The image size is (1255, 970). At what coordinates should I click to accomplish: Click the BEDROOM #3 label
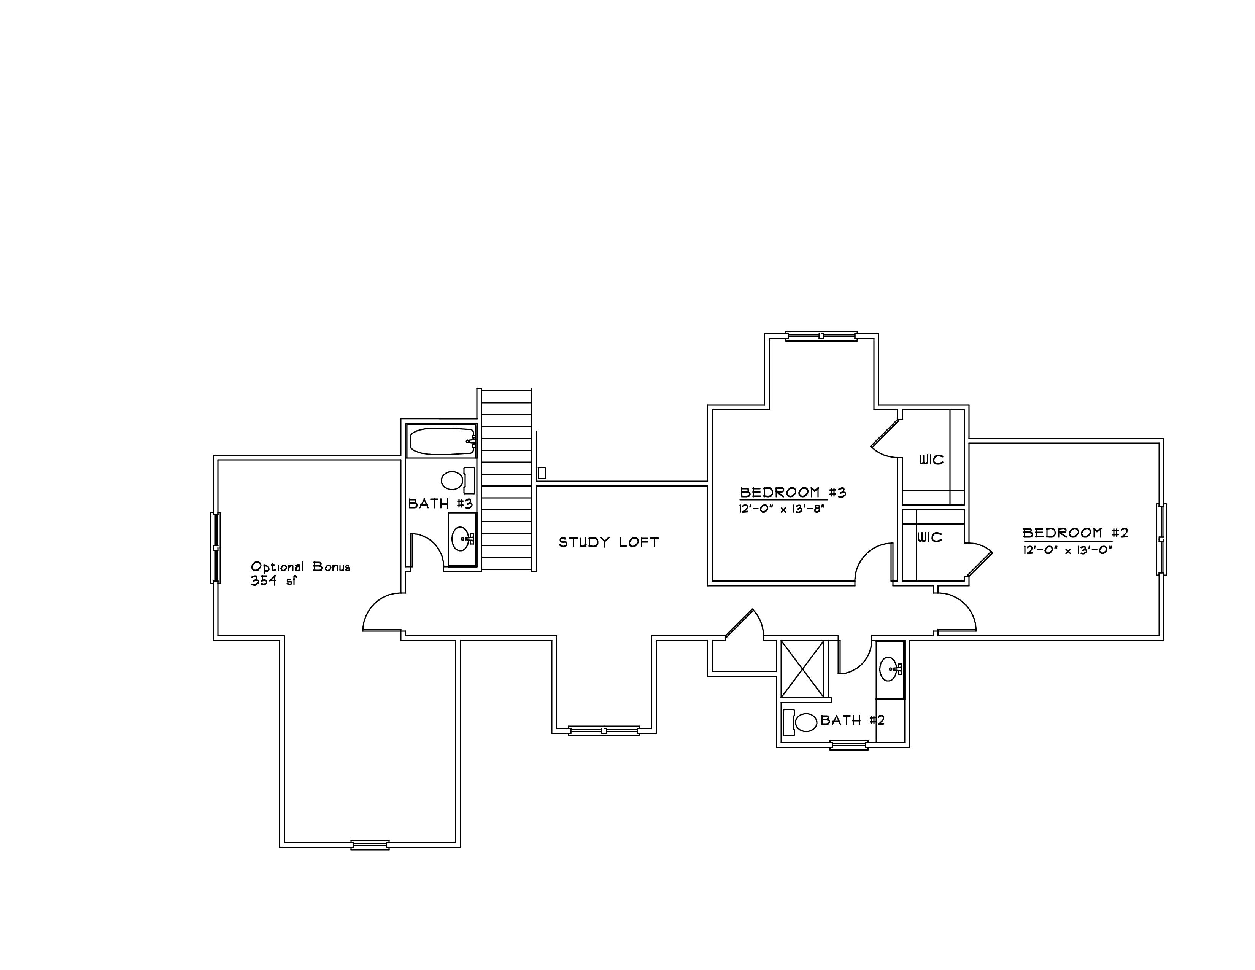(x=793, y=493)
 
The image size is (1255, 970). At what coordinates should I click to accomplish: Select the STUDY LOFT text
(x=608, y=542)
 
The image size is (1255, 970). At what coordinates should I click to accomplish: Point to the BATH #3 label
(x=440, y=504)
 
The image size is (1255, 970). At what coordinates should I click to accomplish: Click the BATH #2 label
(x=853, y=720)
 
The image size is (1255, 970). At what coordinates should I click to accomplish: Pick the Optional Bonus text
(x=300, y=567)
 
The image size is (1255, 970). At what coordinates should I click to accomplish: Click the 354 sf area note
(x=273, y=581)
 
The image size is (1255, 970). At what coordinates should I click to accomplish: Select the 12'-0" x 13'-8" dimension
(x=782, y=509)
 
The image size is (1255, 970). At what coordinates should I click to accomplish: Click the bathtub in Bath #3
(x=441, y=441)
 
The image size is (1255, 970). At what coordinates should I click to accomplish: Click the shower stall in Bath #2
(x=803, y=669)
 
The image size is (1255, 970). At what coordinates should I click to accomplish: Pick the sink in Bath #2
(x=890, y=669)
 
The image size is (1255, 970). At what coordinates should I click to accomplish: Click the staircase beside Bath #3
(x=506, y=480)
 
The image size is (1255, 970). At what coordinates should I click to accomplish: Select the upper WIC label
(x=931, y=460)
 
